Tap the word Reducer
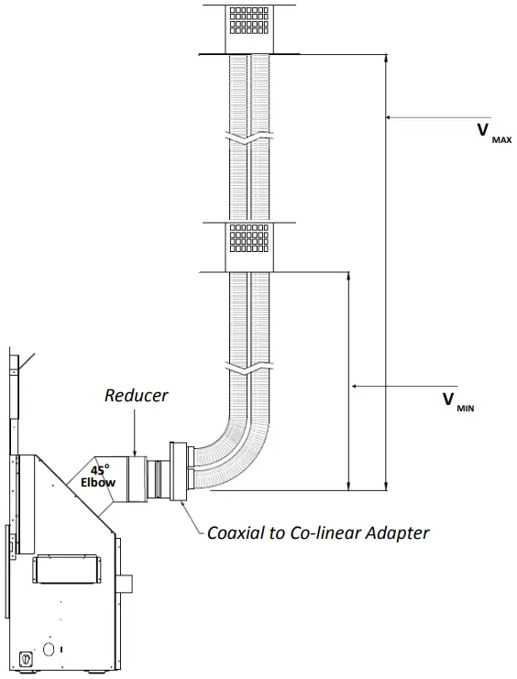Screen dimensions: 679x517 136,396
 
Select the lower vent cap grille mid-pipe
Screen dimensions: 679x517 249,241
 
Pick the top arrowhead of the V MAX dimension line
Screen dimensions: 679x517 385,59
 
